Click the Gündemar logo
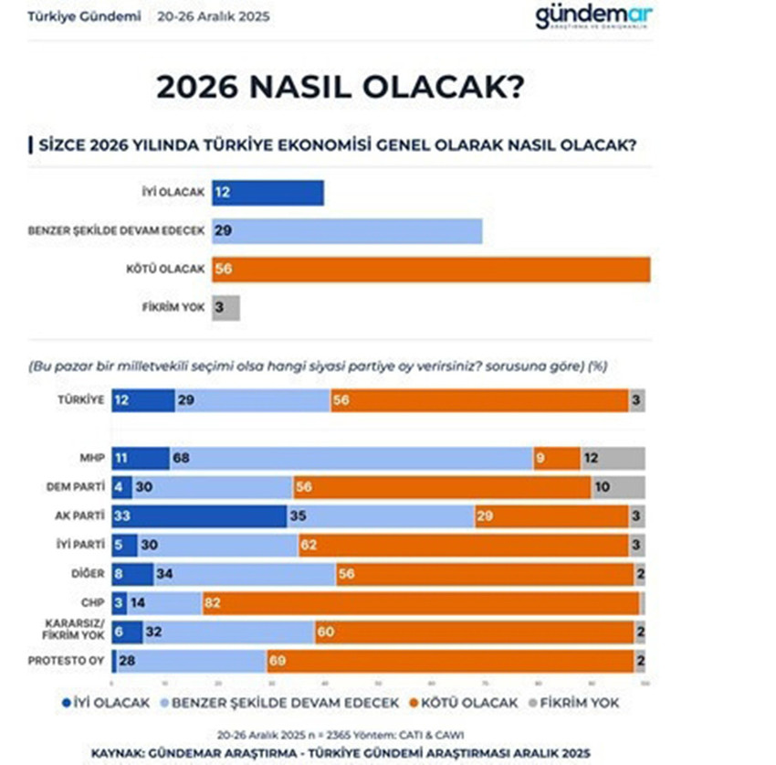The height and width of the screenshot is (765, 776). point(592,17)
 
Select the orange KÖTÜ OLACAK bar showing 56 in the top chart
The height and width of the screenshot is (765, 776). point(431,270)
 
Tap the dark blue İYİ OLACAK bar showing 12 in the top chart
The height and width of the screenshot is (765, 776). point(267,193)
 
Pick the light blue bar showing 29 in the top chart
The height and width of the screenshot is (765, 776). point(347,231)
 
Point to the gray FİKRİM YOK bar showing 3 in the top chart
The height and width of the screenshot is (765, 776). point(225,308)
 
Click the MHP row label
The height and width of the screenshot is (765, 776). point(90,459)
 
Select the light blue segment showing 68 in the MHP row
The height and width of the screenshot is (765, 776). point(351,459)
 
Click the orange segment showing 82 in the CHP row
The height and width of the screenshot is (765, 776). point(421,602)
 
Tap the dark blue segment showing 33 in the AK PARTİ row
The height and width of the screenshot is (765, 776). point(199,515)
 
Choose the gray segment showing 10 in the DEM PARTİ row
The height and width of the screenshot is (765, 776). point(617,487)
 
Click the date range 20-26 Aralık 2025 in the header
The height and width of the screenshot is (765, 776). point(213,16)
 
